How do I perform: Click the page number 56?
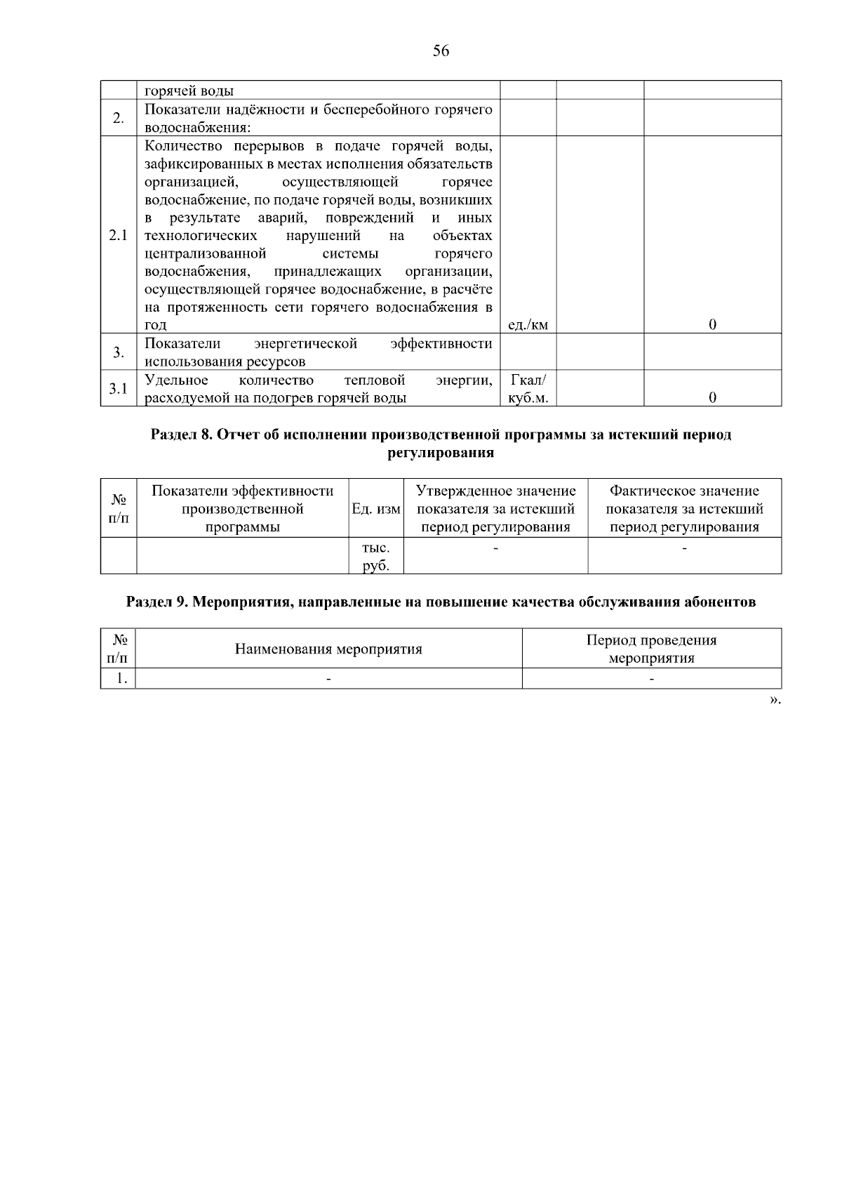pos(441,51)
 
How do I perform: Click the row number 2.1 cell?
pos(118,234)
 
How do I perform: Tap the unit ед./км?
pos(528,324)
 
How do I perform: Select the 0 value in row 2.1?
pos(712,324)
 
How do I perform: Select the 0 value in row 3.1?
pos(712,397)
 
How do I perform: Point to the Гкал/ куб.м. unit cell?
pos(528,389)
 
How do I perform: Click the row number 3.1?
pos(118,388)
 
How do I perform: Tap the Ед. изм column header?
pos(375,509)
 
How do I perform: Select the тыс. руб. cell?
pos(375,556)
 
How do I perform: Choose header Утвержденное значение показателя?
pos(495,509)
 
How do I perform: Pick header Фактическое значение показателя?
pos(684,509)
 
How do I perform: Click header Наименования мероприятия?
pos(328,649)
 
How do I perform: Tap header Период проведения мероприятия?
pos(651,649)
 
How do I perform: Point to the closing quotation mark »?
pos(774,700)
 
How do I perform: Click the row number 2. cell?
pos(118,118)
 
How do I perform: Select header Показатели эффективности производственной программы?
pos(242,509)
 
